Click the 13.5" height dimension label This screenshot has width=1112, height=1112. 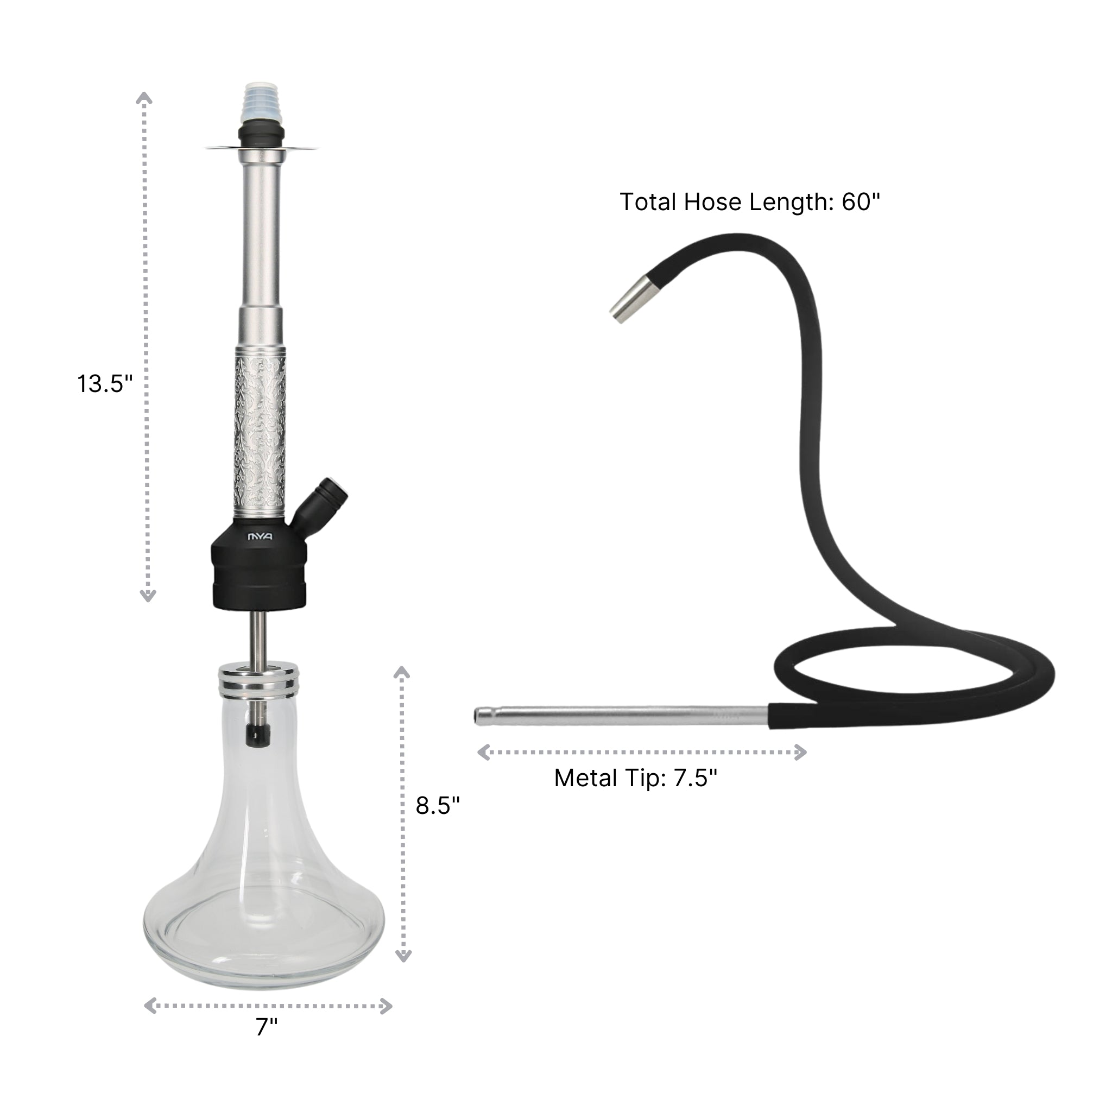(x=105, y=384)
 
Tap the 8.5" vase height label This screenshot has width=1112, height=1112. (x=438, y=806)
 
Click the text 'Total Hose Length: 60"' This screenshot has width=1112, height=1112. (x=749, y=202)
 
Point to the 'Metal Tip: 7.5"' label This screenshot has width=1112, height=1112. (x=635, y=778)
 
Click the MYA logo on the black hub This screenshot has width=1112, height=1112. (x=260, y=537)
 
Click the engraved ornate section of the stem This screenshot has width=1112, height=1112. (x=260, y=432)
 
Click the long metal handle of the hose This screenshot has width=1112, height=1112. (x=622, y=716)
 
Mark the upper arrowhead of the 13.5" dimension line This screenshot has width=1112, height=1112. (x=144, y=98)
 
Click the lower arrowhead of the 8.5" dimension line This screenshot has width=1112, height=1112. (x=403, y=956)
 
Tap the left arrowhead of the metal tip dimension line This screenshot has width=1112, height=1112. (x=484, y=751)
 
